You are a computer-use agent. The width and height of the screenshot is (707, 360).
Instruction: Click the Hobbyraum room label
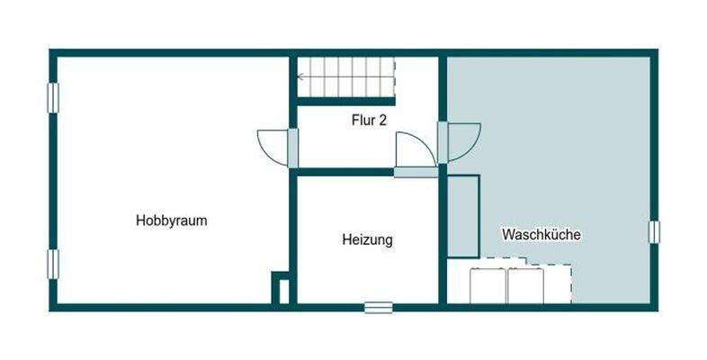pos(172,220)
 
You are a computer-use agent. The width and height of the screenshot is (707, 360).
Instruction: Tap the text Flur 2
pos(369,120)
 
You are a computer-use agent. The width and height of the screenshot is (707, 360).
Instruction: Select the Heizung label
pos(367,240)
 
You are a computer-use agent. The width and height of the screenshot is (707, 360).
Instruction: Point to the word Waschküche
pos(541,234)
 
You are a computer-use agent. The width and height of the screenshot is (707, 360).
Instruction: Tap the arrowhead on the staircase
pos(301,77)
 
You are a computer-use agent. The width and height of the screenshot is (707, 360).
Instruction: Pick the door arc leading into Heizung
pos(415,148)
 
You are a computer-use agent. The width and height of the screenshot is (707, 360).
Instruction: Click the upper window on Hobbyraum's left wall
pos(53,97)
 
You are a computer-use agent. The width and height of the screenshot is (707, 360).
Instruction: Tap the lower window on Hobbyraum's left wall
pos(53,263)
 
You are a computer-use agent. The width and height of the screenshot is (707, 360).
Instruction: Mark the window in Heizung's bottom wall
pos(379,307)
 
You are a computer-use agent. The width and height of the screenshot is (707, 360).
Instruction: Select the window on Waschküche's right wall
pos(654,231)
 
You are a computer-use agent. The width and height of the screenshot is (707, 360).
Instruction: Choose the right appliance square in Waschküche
pos(525,285)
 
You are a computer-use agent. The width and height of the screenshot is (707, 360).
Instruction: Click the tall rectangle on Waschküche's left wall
pos(462,217)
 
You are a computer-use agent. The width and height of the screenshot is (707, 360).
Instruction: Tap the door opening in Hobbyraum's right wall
pos(293,148)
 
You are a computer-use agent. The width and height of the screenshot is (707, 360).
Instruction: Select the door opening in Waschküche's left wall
pos(443,142)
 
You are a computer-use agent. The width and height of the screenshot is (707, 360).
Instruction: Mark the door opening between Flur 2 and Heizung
pos(415,172)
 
